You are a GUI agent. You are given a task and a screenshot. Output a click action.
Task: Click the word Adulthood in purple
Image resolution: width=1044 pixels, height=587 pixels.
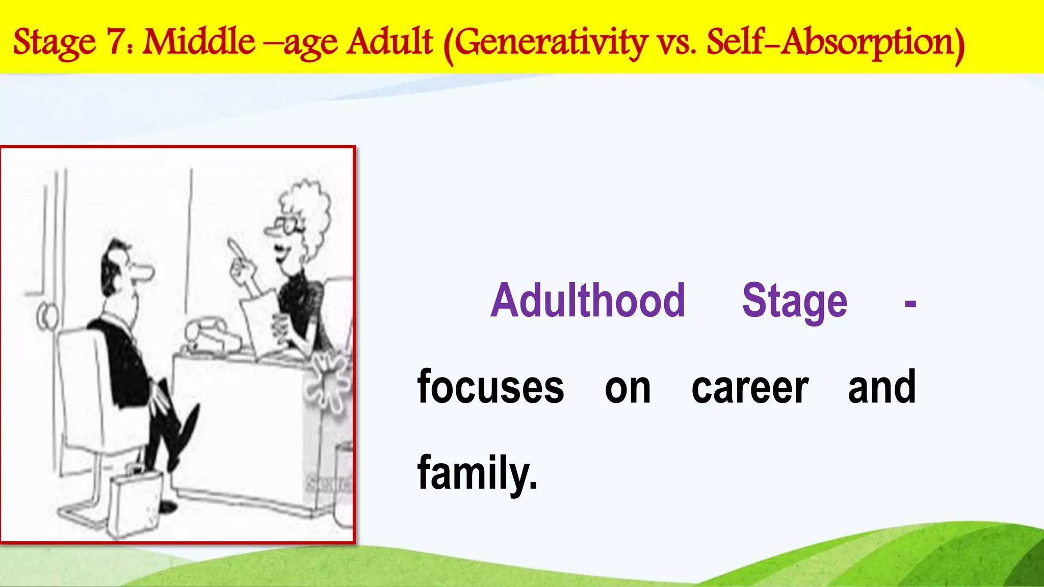point(587,301)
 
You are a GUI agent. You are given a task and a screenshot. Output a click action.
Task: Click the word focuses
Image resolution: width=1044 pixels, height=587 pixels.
point(490,387)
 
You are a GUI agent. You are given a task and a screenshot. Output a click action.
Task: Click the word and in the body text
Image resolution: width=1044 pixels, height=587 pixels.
point(882,387)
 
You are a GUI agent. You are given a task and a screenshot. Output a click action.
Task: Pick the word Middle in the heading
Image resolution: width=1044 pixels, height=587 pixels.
point(199,42)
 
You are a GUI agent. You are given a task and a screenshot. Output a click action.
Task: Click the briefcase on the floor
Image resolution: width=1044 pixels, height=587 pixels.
point(135,502)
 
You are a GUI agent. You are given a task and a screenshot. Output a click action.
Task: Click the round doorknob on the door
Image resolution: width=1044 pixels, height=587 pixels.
point(47,316)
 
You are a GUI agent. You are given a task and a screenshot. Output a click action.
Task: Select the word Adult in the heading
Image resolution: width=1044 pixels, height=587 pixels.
point(390,42)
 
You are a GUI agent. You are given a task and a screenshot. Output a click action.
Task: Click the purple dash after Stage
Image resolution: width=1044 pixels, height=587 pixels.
point(910,304)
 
